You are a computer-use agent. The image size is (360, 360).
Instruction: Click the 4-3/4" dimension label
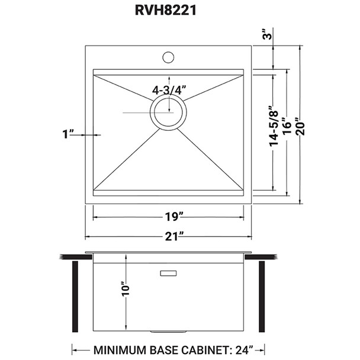coord(169,90)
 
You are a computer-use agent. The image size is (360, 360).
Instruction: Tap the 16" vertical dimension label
coord(288,128)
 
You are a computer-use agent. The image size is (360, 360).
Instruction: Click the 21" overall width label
coord(169,236)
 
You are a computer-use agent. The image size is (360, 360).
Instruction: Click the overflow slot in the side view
coord(169,273)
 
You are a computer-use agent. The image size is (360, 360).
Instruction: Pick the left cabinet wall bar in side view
coord(75,298)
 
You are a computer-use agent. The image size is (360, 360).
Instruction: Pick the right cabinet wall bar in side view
coord(261,298)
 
